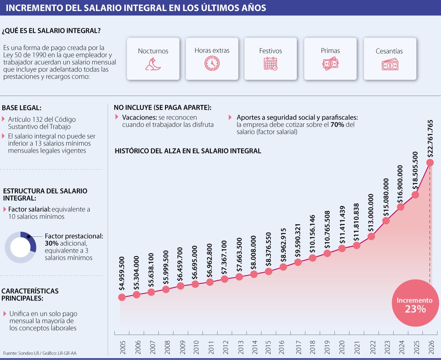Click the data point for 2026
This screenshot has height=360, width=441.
point(430,163)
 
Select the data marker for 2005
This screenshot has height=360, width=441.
point(122,297)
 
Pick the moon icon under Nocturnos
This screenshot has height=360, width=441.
point(153,65)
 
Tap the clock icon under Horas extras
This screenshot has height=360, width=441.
point(212,64)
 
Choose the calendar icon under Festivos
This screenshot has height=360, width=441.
point(270,64)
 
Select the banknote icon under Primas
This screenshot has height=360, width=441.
point(330,64)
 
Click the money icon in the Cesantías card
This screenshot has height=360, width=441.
point(390,65)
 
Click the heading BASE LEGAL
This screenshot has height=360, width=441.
point(22,108)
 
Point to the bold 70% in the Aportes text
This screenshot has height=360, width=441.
point(337,125)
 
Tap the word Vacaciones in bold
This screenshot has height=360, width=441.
point(137,117)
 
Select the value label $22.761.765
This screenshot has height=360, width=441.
point(430,138)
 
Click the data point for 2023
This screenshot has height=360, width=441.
point(386,221)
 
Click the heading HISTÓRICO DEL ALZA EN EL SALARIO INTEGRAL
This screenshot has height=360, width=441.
point(188,151)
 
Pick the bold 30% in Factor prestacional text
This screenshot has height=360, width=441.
point(51,243)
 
